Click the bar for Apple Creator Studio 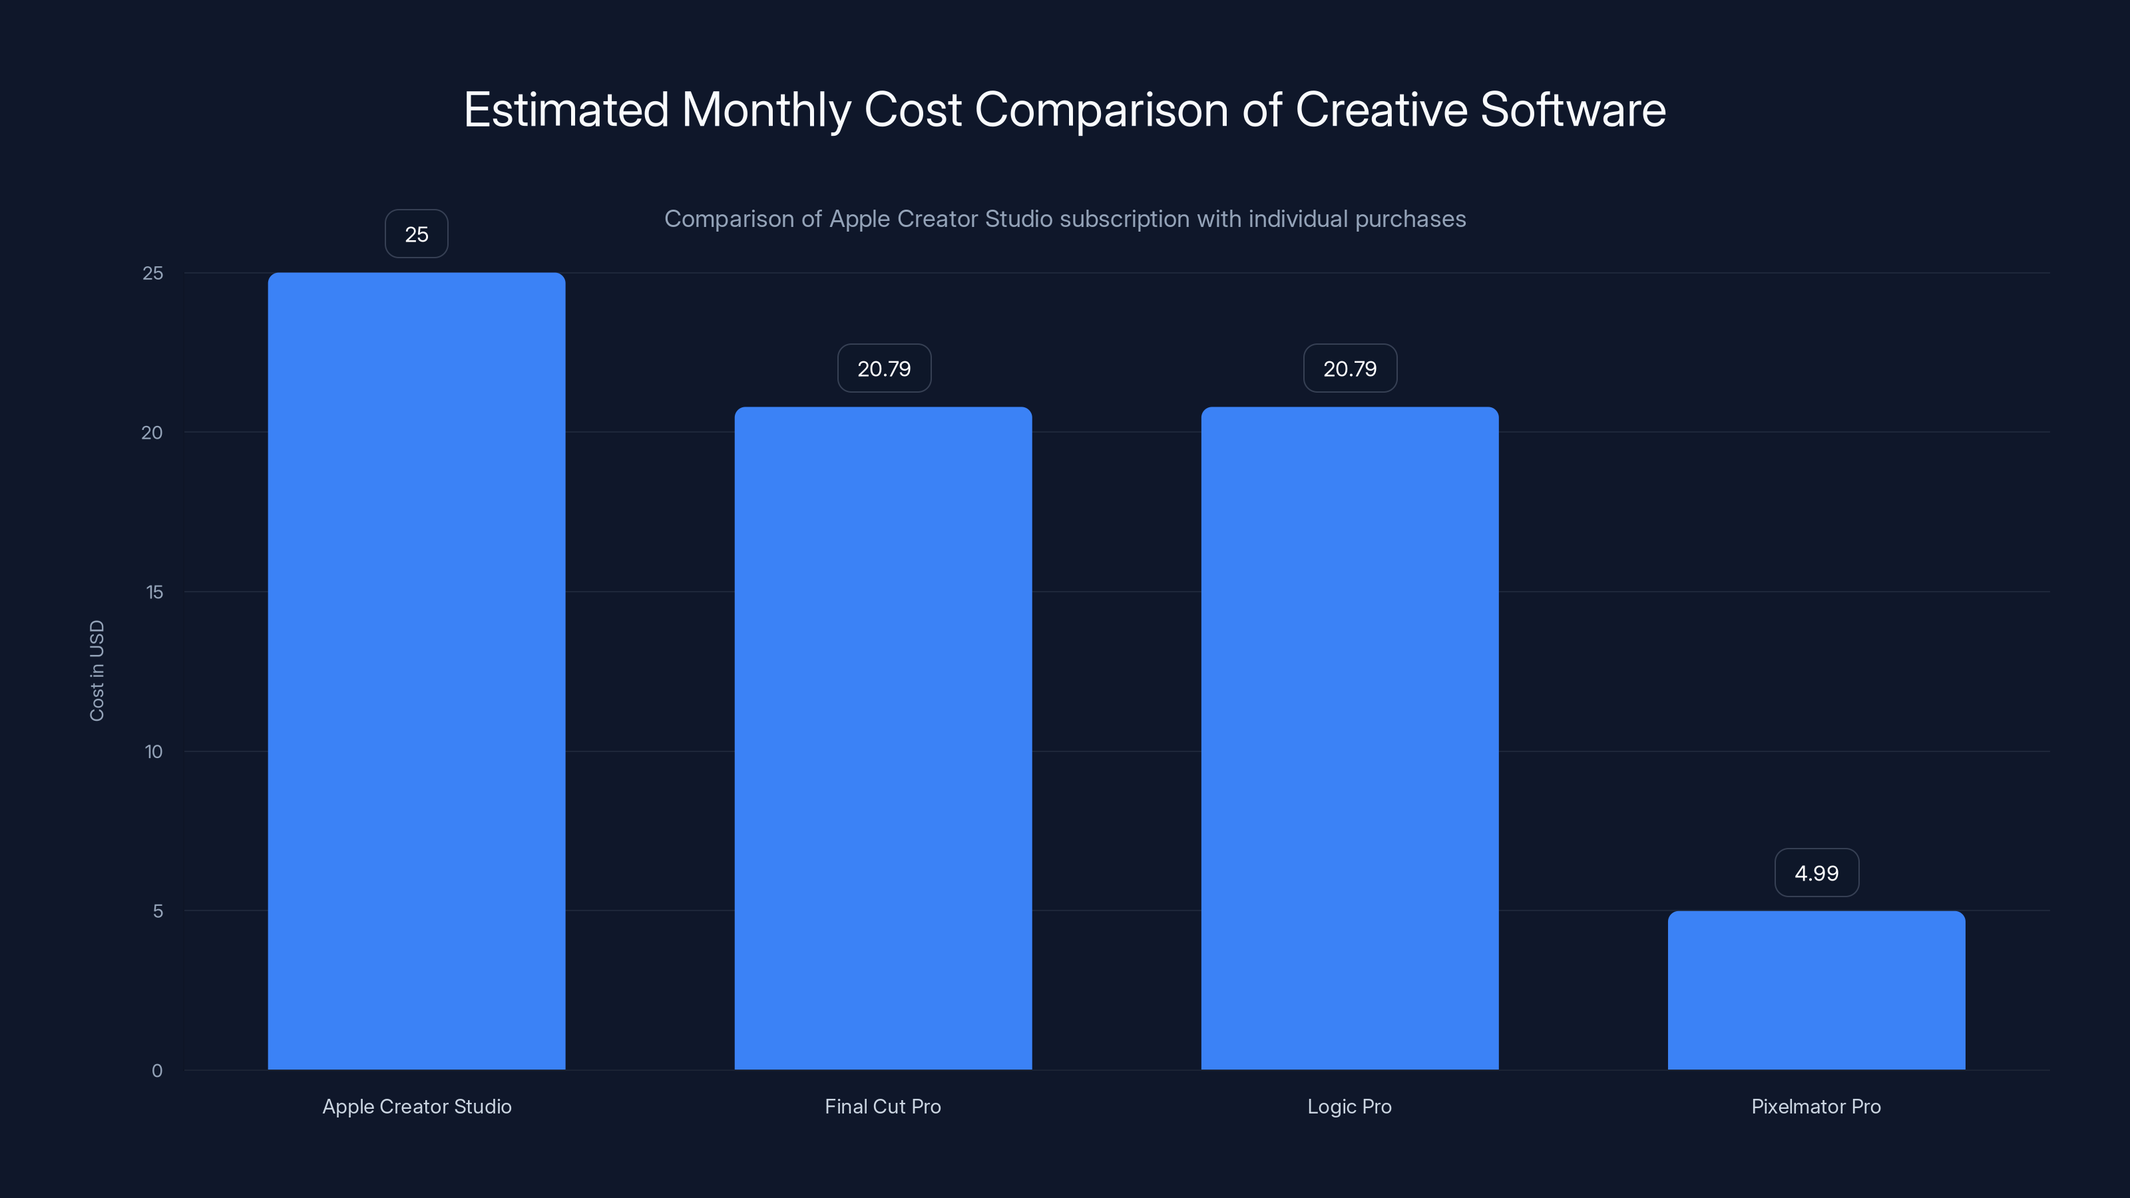tap(416, 670)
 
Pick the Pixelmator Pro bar tap(1816, 990)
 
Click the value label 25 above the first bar tap(416, 234)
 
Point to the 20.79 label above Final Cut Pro tap(883, 369)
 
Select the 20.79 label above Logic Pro tap(1349, 369)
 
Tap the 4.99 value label tap(1816, 873)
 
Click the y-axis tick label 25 tap(153, 273)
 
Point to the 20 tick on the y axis tap(152, 433)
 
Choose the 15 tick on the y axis tap(154, 592)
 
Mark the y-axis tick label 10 tap(154, 751)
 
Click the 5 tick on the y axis tap(157, 911)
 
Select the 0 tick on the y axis tap(157, 1071)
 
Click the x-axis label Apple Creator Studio tap(417, 1106)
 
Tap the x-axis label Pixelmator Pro tap(1816, 1106)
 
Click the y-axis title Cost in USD tap(97, 670)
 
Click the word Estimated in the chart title tap(566, 109)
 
